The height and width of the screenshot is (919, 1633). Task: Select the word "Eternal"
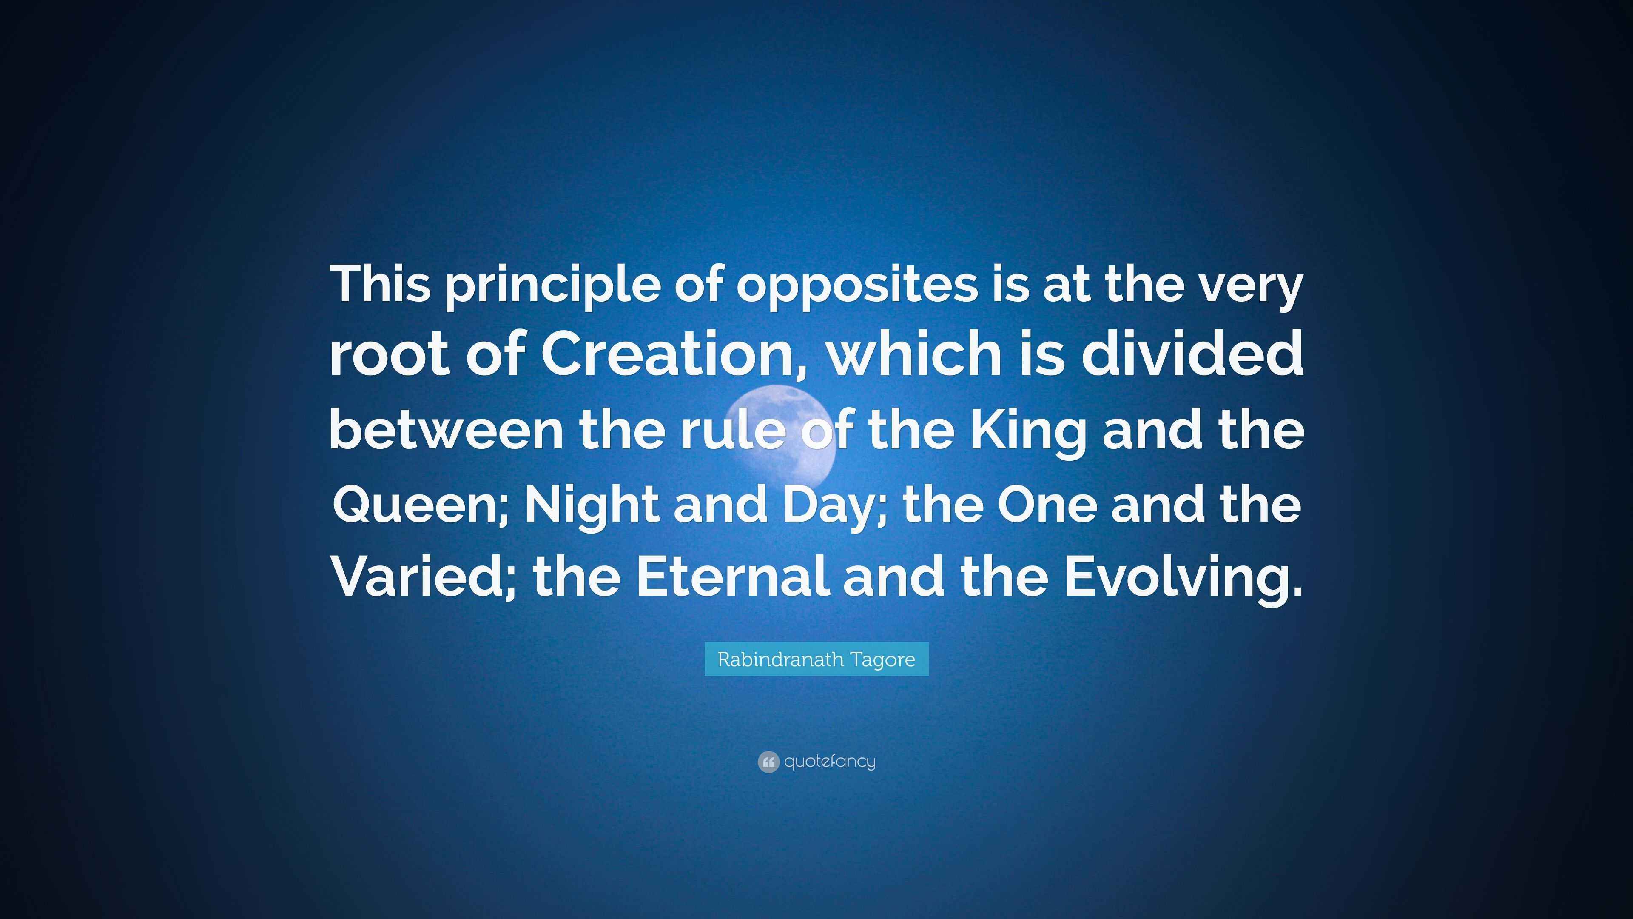(x=732, y=577)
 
